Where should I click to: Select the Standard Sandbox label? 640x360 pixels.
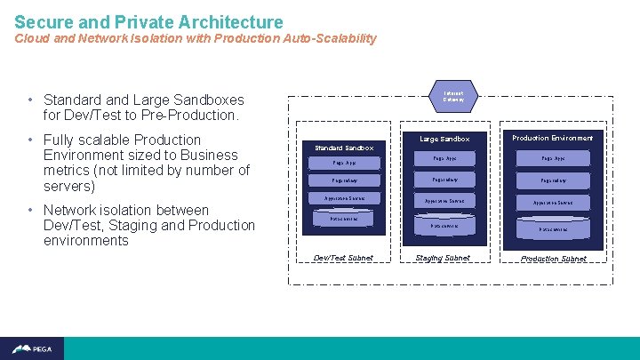point(344,147)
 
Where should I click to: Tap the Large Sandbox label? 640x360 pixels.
point(444,139)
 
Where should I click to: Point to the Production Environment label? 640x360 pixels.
point(552,138)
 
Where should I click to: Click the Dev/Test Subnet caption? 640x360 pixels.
point(344,258)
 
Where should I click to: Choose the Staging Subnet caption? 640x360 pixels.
point(444,258)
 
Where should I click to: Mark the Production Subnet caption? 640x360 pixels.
point(553,259)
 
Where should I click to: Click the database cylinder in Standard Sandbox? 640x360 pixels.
point(344,219)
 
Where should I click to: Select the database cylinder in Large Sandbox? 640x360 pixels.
point(444,226)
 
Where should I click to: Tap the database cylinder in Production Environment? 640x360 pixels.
point(553,228)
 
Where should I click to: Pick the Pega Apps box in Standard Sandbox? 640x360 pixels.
point(344,163)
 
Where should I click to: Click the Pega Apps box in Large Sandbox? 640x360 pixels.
point(444,158)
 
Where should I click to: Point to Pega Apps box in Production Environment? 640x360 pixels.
point(553,158)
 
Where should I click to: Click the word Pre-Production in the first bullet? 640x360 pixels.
point(196,116)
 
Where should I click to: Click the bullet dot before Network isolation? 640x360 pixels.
point(31,211)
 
